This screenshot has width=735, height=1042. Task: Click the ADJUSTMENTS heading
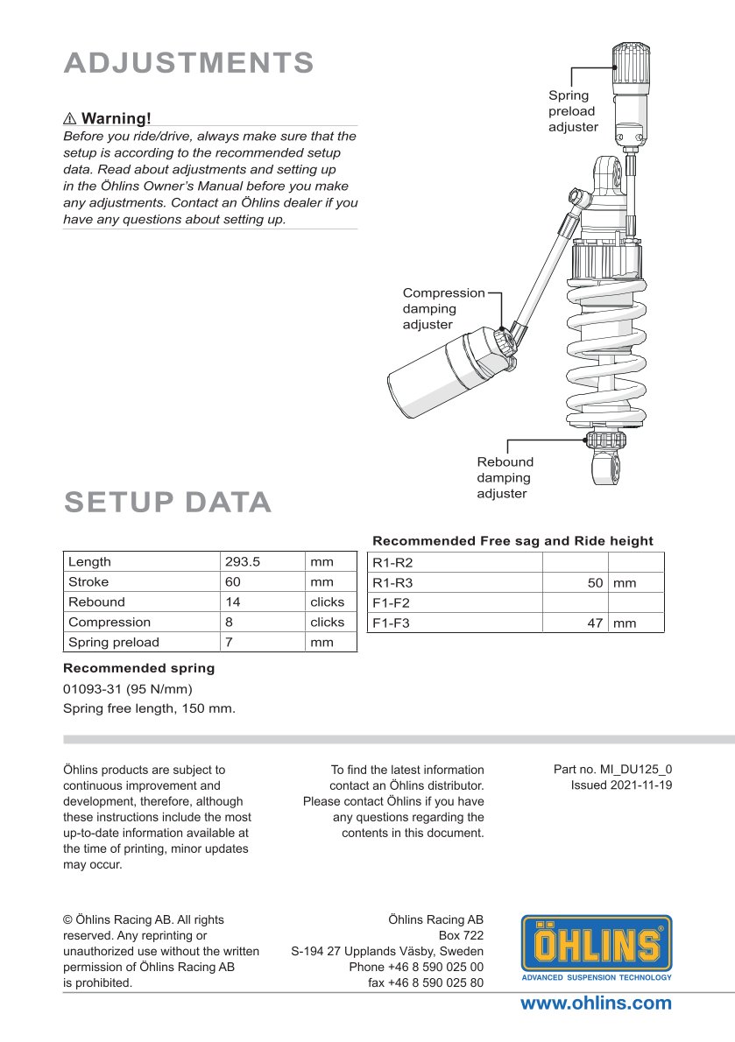pyautogui.click(x=189, y=63)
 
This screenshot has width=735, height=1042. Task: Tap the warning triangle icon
pyautogui.click(x=71, y=118)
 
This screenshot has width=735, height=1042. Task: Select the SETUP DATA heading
pyautogui.click(x=168, y=503)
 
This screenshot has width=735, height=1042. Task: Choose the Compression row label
pyautogui.click(x=110, y=623)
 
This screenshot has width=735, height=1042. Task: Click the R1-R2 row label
pyautogui.click(x=392, y=562)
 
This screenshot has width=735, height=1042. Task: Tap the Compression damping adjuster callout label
pyautogui.click(x=443, y=308)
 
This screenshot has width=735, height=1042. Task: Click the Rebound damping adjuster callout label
pyautogui.click(x=505, y=477)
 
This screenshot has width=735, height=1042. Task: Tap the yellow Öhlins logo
pyautogui.click(x=597, y=946)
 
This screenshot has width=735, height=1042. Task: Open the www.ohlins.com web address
pyautogui.click(x=596, y=1003)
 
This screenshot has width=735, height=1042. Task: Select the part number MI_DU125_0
pyautogui.click(x=613, y=769)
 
